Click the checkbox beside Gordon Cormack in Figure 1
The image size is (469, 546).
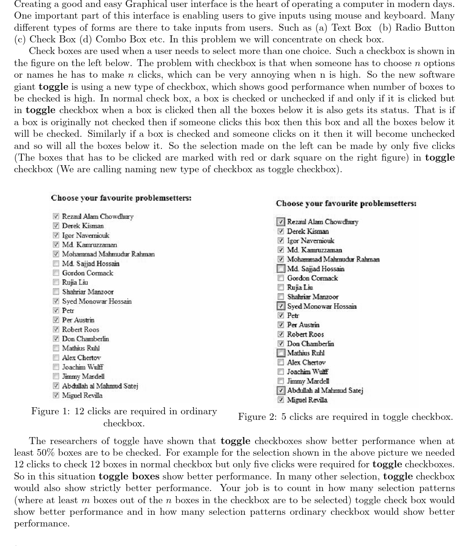tap(56, 273)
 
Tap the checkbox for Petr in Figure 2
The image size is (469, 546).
tap(281, 316)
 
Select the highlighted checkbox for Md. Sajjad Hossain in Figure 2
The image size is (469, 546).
tap(281, 269)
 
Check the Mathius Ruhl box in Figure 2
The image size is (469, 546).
tap(281, 353)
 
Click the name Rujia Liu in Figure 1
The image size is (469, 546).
tap(75, 283)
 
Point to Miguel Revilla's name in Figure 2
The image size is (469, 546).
tap(307, 400)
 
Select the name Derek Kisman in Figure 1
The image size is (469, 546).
tap(83, 226)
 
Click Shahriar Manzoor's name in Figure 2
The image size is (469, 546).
tap(313, 297)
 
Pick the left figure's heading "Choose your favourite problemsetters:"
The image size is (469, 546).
tap(121, 198)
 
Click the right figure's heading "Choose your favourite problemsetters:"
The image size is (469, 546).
tap(346, 203)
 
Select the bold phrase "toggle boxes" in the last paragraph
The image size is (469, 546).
tap(129, 476)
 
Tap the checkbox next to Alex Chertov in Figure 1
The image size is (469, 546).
tap(56, 358)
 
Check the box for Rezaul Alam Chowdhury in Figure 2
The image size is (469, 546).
tap(281, 222)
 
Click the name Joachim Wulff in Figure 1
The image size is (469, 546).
tap(83, 367)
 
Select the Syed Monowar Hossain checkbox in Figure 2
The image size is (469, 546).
tap(281, 306)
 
